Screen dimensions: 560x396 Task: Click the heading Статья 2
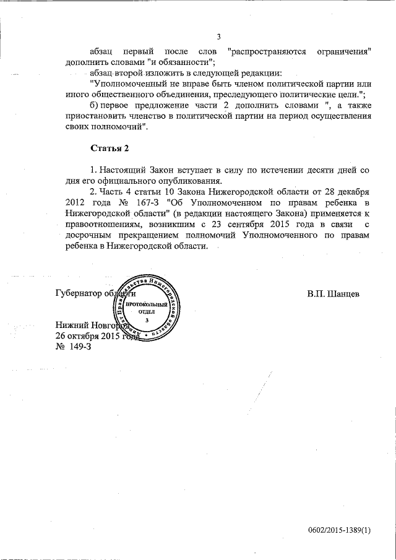pyautogui.click(x=110, y=148)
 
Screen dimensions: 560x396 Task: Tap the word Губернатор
pyautogui.click(x=80, y=293)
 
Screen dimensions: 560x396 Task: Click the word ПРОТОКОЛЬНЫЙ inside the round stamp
pyautogui.click(x=147, y=305)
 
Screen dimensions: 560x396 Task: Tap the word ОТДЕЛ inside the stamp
pyautogui.click(x=147, y=312)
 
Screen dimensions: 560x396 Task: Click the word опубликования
pyautogui.click(x=189, y=181)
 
